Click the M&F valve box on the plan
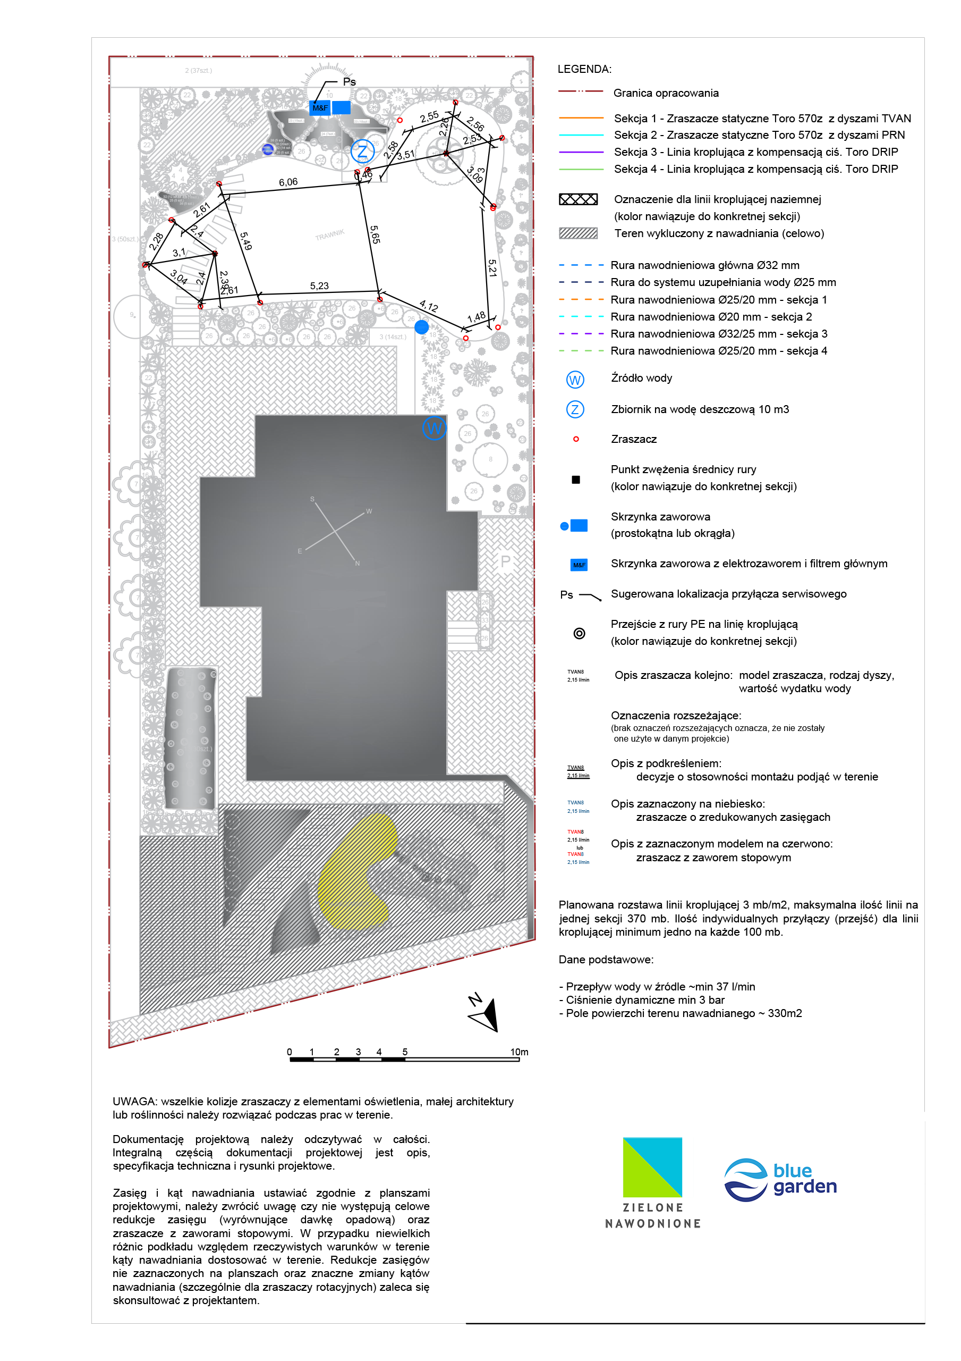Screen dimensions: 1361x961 pyautogui.click(x=319, y=108)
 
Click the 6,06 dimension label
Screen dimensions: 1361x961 pyautogui.click(x=288, y=182)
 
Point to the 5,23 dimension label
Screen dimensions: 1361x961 pyautogui.click(x=319, y=285)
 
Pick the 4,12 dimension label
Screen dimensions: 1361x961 pyautogui.click(x=428, y=306)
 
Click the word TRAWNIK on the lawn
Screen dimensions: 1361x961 pyautogui.click(x=329, y=235)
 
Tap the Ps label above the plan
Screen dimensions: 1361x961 pyautogui.click(x=349, y=82)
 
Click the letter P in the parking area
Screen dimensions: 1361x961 pyautogui.click(x=505, y=561)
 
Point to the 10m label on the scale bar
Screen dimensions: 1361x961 pyautogui.click(x=519, y=1052)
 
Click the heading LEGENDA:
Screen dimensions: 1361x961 pyautogui.click(x=584, y=69)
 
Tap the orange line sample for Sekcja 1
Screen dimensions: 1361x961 pyautogui.click(x=581, y=118)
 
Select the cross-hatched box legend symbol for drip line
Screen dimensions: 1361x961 pyautogui.click(x=579, y=199)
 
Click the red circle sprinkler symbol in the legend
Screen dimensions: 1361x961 pyautogui.click(x=575, y=439)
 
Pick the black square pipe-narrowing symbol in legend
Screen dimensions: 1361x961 pyautogui.click(x=575, y=480)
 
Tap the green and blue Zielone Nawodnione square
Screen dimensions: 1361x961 pyautogui.click(x=652, y=1166)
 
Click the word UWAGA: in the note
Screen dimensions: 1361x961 pyautogui.click(x=134, y=1102)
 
